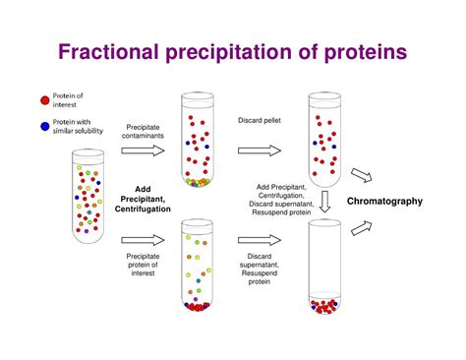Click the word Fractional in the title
tap(118, 52)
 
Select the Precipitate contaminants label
tap(145, 131)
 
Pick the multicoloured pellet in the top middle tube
tap(198, 182)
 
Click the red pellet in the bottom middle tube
tap(198, 307)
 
